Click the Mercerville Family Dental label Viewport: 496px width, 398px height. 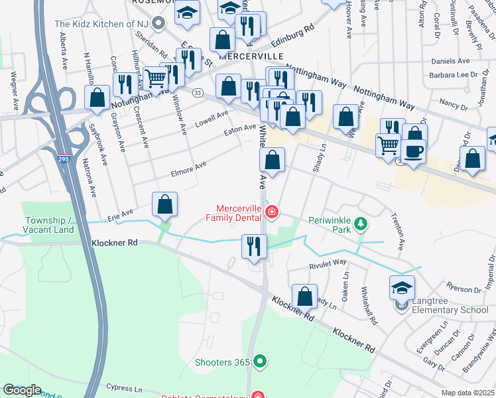(x=235, y=212)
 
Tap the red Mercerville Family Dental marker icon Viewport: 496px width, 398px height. (x=271, y=212)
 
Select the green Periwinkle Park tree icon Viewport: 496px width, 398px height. (x=361, y=224)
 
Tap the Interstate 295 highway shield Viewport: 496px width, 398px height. (x=64, y=161)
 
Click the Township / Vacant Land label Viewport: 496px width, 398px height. (x=49, y=225)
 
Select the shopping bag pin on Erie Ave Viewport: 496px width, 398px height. (x=164, y=205)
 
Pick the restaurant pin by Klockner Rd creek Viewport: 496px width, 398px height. (x=253, y=246)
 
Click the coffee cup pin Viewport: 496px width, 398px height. (x=414, y=150)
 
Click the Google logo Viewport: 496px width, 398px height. (x=21, y=390)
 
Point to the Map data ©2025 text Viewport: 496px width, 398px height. (x=467, y=393)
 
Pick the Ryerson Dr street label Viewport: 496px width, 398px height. (x=463, y=289)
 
